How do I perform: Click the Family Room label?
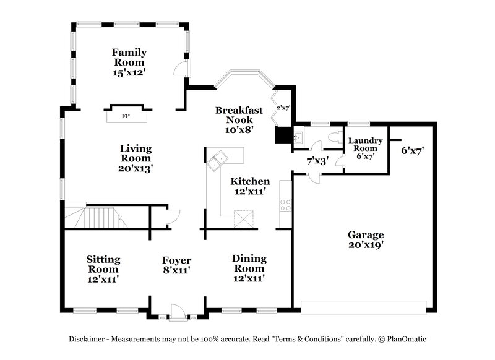[x=128, y=62]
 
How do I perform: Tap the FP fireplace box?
[x=126, y=116]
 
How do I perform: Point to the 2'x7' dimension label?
[x=283, y=108]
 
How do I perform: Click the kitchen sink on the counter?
[x=218, y=160]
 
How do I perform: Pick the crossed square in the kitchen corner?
[x=243, y=217]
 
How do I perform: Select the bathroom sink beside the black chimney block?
[x=298, y=137]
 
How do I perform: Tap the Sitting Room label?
[x=103, y=268]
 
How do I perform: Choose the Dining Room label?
[x=249, y=268]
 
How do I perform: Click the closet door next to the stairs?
[x=171, y=216]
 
